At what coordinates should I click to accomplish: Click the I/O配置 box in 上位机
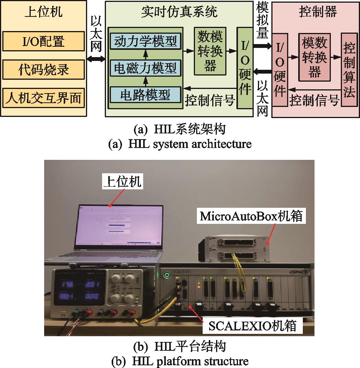(43, 41)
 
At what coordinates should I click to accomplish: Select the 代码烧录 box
(43, 69)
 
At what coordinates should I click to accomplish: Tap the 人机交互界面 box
(43, 99)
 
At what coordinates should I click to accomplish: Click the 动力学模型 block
(145, 41)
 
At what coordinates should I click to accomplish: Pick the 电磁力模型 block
(145, 68)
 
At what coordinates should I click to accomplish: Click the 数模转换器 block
(210, 51)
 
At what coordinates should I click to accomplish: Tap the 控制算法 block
(349, 70)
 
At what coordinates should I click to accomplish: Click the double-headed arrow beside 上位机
(96, 59)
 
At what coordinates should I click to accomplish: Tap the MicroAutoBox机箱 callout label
(251, 216)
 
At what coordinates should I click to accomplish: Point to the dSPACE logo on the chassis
(300, 272)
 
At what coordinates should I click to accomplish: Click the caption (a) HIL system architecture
(180, 144)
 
